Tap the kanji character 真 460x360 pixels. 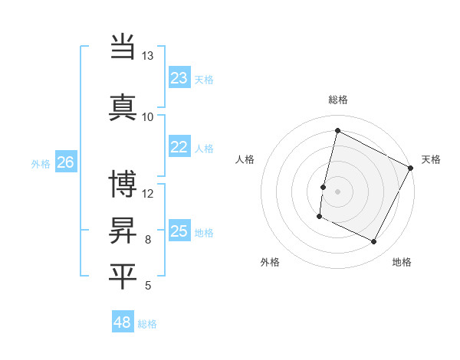[x=123, y=107]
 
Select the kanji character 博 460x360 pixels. [x=123, y=184]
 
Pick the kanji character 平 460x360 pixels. [x=123, y=276]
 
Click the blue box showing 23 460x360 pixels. [x=179, y=78]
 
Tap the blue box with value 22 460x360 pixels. [x=179, y=147]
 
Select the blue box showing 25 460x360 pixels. [x=179, y=231]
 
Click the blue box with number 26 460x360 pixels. [x=66, y=162]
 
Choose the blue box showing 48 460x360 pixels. [x=123, y=322]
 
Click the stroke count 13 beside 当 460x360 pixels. [x=147, y=56]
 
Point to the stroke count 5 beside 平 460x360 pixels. [x=148, y=286]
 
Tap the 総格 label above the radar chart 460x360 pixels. [x=338, y=100]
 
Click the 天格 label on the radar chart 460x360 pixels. [x=431, y=159]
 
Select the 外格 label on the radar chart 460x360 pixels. [x=270, y=262]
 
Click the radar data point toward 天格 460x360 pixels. [x=412, y=168]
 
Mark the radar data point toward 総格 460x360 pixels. [x=338, y=131]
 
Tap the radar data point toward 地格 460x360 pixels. [x=374, y=242]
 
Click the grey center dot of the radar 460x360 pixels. [x=338, y=191]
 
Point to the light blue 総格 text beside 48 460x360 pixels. [x=147, y=324]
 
